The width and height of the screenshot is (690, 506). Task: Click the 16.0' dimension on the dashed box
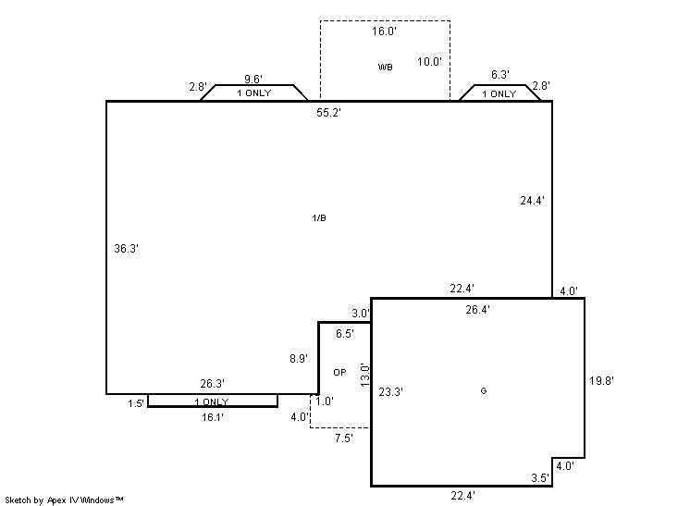[384, 31]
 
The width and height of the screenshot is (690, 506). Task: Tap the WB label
[385, 67]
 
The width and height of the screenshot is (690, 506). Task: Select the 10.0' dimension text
[429, 62]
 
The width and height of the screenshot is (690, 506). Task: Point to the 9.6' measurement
[253, 79]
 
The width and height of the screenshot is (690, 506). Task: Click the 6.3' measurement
[500, 75]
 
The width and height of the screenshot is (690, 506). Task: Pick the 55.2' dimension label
[328, 113]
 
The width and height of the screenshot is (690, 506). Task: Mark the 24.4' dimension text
[532, 201]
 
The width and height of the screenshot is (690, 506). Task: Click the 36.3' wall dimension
[127, 249]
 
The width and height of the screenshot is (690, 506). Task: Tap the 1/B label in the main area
[319, 217]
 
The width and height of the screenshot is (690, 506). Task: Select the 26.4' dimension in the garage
[477, 310]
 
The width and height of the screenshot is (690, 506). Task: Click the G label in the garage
[484, 390]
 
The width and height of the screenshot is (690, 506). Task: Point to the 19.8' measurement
[601, 381]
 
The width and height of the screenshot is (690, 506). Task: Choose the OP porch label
[339, 372]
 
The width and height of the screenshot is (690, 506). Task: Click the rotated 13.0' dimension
[365, 375]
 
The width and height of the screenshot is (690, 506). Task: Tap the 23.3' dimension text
[390, 392]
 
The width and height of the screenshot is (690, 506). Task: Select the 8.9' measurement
[299, 359]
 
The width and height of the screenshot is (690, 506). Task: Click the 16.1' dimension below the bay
[213, 417]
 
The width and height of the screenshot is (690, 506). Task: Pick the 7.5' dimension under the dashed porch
[344, 438]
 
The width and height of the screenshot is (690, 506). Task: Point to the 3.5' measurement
[540, 478]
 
